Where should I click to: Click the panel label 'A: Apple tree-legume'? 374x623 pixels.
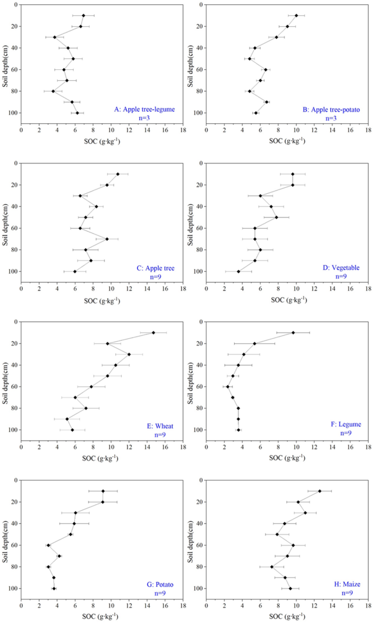[144, 109]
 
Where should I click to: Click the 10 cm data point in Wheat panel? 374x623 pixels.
[153, 333]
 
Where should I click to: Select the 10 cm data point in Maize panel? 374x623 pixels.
[320, 491]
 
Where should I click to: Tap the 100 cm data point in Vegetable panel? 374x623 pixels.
[239, 271]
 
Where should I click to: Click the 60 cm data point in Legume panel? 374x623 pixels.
[228, 387]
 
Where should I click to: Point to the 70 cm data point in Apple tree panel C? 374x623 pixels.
[107, 239]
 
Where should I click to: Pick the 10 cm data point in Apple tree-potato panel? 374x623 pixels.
[296, 15]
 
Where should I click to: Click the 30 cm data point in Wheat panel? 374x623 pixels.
[129, 354]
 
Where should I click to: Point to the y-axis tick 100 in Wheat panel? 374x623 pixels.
[13, 430]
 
